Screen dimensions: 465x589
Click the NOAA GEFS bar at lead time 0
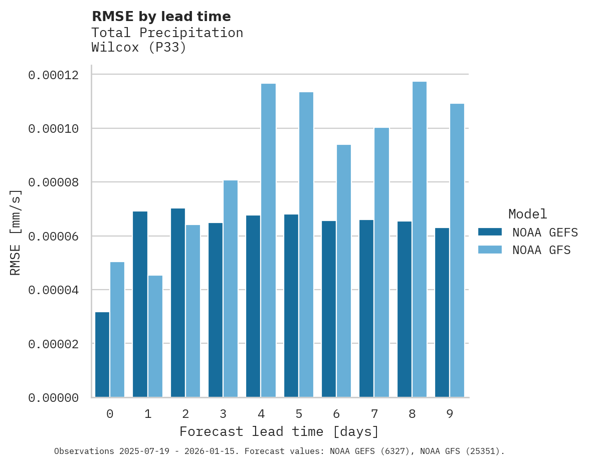(x=102, y=355)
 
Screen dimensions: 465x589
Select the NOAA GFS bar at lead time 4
(x=268, y=241)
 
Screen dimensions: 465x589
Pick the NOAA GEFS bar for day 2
(x=178, y=303)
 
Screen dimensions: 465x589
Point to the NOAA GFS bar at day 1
(x=155, y=336)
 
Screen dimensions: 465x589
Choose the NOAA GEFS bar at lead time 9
(x=442, y=313)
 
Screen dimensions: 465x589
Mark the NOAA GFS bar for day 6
(x=344, y=271)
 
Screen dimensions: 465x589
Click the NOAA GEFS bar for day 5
(x=291, y=306)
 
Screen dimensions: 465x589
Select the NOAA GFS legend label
(x=541, y=250)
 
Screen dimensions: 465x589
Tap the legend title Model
(x=527, y=214)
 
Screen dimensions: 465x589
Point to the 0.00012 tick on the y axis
(x=54, y=75)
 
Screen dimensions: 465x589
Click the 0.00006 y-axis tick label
(x=54, y=237)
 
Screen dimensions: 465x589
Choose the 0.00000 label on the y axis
(x=54, y=398)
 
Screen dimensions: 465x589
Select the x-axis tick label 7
(x=374, y=414)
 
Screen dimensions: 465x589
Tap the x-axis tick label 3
(x=223, y=414)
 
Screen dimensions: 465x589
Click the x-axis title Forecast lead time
(x=279, y=431)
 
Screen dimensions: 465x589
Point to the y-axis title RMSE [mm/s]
(x=16, y=232)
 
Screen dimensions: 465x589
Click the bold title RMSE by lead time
(x=161, y=17)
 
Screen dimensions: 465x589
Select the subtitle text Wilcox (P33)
(x=139, y=48)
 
